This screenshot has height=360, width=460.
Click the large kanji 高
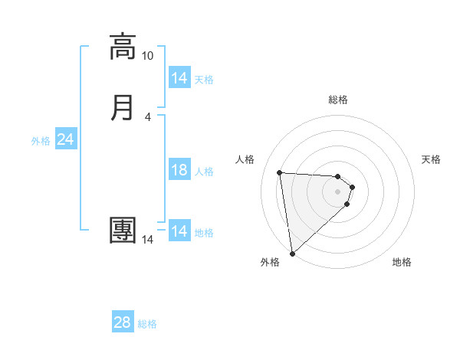tap(123, 47)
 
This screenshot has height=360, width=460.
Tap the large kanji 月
tap(123, 107)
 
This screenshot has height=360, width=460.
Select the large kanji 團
tap(123, 230)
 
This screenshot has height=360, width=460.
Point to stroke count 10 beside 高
tap(147, 56)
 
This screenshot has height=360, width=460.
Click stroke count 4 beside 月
tap(147, 116)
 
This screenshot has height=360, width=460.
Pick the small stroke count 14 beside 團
tap(147, 240)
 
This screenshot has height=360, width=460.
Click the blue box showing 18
tap(179, 170)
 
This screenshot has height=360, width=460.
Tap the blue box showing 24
tap(66, 139)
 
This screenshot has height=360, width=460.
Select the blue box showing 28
tap(123, 322)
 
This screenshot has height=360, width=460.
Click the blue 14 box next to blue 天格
tap(179, 78)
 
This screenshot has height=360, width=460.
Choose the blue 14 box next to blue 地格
tap(179, 231)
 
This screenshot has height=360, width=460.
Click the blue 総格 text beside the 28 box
tap(147, 324)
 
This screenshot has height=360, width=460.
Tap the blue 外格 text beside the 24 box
tap(41, 141)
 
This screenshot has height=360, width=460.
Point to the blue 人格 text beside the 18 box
tap(205, 172)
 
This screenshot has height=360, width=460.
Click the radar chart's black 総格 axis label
tap(338, 100)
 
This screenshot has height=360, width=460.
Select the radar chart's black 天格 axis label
tap(432, 159)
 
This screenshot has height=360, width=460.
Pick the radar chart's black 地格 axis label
tap(402, 262)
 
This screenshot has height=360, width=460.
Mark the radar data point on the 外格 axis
tap(291, 253)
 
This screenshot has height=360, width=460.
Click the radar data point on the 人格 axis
tap(280, 172)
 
